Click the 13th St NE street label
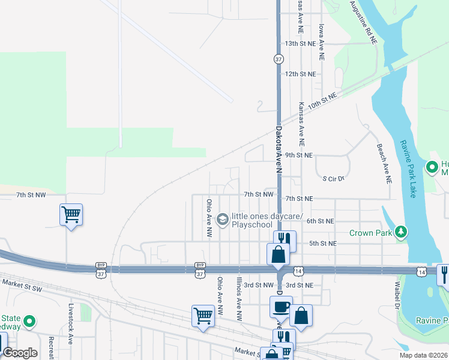pos(300,44)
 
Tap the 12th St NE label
pos(300,74)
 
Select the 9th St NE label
pos(299,155)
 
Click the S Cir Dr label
pos(334,179)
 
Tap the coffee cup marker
pos(281,307)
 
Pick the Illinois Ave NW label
pos(239,298)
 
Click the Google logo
pos(20,353)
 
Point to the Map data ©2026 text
pos(423,355)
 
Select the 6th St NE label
pos(320,221)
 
